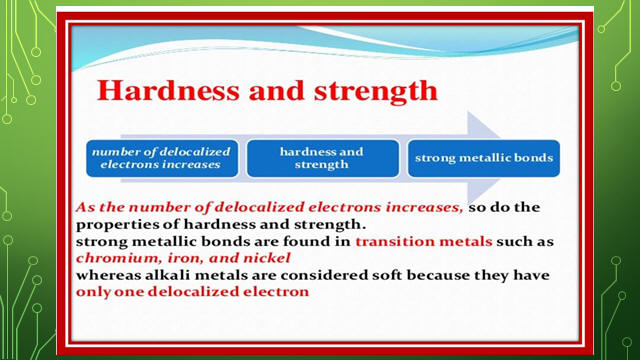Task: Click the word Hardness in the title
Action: (x=168, y=90)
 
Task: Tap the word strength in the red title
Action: (x=376, y=92)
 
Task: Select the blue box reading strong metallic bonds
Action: (x=484, y=158)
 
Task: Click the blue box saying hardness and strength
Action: (x=322, y=158)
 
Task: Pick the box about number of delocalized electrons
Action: (x=162, y=158)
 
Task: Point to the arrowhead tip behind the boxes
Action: (x=501, y=158)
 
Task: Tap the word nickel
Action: (x=267, y=258)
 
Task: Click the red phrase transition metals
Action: (x=424, y=241)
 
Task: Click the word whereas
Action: (x=108, y=275)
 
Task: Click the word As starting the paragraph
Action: (x=85, y=207)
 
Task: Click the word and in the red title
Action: (x=276, y=90)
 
